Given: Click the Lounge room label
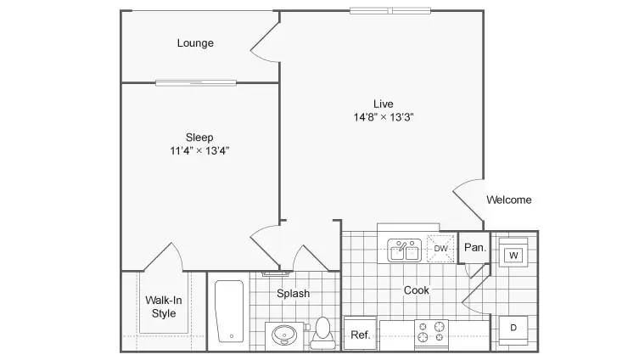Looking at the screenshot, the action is coord(195,42).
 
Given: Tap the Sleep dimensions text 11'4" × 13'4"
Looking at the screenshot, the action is coord(199,151).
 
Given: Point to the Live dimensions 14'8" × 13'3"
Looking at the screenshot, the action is coord(384,117).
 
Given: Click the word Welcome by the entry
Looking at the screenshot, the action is coord(509,200).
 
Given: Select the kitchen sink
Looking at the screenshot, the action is coord(404,250).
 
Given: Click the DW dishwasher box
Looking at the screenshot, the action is coord(440,248).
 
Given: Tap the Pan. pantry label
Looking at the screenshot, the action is coord(475,247).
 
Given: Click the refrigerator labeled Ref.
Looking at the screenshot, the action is coord(361,333).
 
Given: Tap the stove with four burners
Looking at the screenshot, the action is coord(432,334).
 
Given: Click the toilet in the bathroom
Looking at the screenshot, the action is coord(322,333).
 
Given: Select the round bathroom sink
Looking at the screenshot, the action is coord(284,336).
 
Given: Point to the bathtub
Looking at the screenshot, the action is coord(229,311).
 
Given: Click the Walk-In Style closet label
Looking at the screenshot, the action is coord(164,307).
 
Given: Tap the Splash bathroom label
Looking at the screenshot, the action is coord(293,293).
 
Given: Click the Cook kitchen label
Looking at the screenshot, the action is coord(416,290).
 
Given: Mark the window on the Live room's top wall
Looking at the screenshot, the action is coord(390,10).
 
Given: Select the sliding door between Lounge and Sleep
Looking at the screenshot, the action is coord(196,83).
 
